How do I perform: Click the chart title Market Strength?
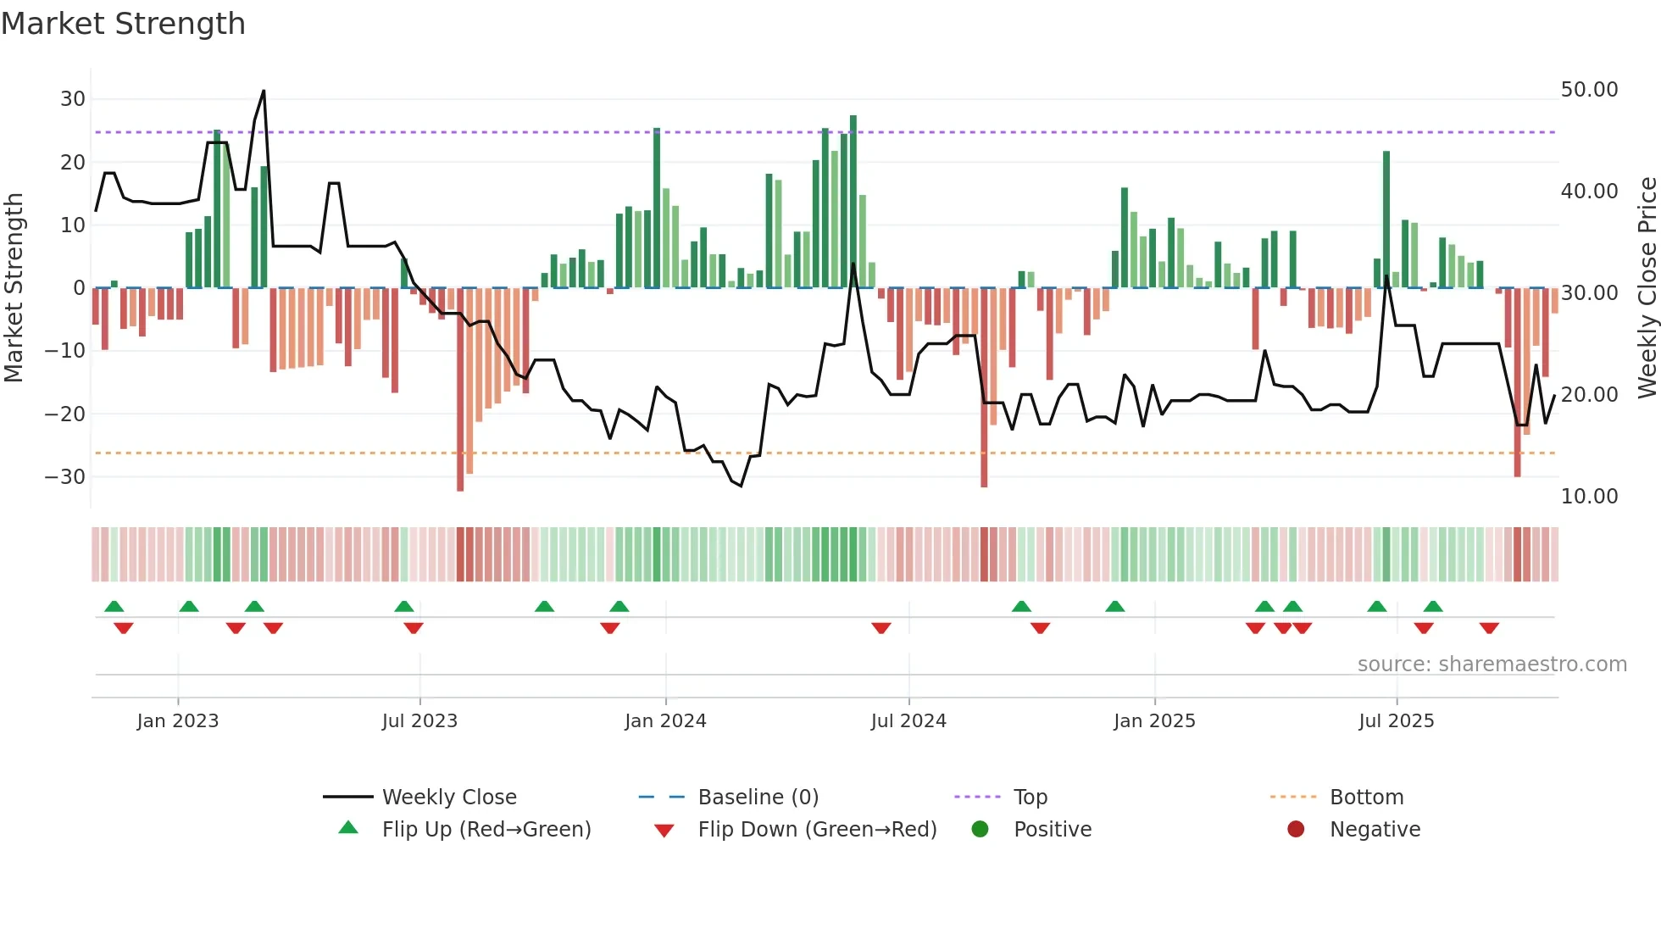[123, 24]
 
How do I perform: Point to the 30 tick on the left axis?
[73, 99]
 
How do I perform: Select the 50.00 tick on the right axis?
[1589, 90]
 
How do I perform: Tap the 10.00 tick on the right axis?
[1589, 497]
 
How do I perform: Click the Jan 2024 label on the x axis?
[665, 721]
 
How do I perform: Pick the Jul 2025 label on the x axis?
[1396, 721]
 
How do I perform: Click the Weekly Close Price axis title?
[1647, 288]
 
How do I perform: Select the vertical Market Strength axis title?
[14, 288]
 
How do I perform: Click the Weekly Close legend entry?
[448, 798]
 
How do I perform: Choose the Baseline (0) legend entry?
[758, 798]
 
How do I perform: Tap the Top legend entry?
[1030, 798]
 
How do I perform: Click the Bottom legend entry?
[1366, 798]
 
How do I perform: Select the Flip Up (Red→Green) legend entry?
[486, 830]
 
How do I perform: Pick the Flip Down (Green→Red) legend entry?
[817, 830]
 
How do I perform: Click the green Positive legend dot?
[980, 830]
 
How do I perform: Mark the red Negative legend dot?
[1296, 830]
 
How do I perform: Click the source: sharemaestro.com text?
[1492, 664]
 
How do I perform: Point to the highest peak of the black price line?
[264, 91]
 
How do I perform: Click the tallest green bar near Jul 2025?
[1386, 220]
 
